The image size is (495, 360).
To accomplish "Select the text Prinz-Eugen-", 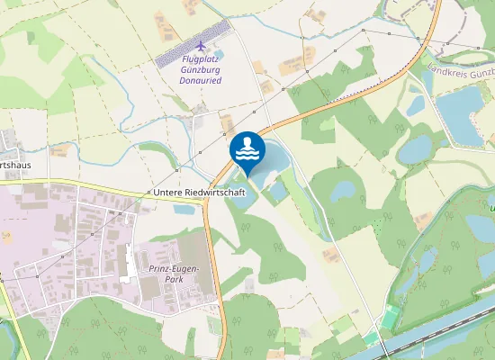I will click(x=175, y=269).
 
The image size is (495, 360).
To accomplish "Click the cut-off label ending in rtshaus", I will click(x=15, y=166).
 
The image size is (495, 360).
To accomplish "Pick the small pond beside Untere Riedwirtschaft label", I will click(x=184, y=210).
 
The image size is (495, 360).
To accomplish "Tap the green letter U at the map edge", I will click(x=491, y=209).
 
